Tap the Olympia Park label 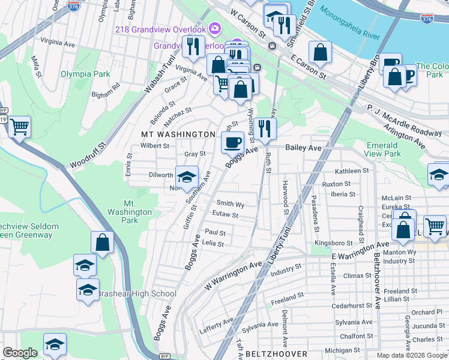click(85, 74)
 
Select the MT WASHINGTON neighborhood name click(178, 134)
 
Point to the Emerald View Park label click(383, 149)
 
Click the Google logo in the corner click(20, 353)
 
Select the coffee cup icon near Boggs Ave click(232, 142)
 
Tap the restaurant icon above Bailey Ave click(264, 127)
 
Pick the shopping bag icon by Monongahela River click(321, 52)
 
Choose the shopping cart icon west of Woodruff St click(20, 127)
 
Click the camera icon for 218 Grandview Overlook click(215, 28)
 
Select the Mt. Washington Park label click(130, 212)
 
